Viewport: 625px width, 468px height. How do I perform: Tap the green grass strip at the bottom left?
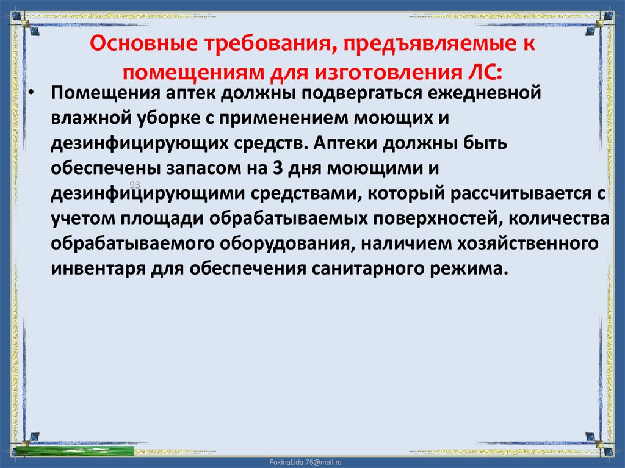pos(73,451)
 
